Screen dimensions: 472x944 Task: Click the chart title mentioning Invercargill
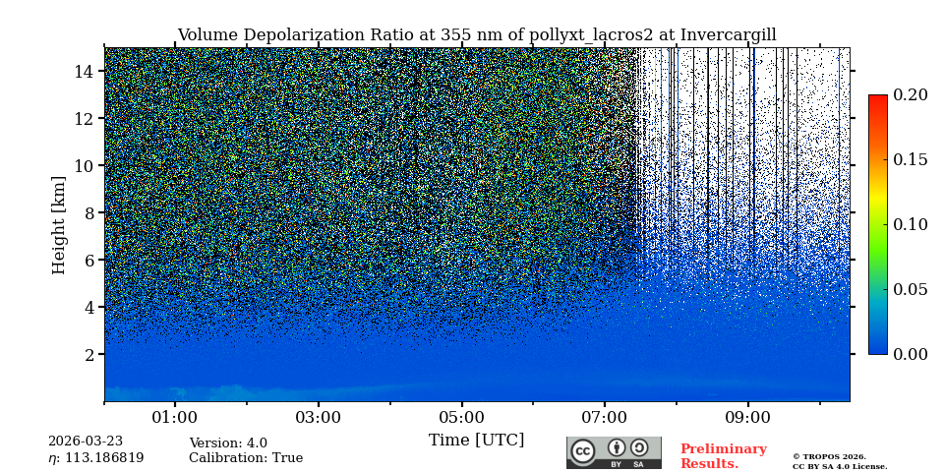(476, 35)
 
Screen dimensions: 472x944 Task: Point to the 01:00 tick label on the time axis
(175, 417)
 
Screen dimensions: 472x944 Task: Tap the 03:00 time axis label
(319, 417)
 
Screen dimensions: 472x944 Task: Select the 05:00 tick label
(461, 417)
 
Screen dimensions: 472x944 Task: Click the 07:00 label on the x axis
(604, 417)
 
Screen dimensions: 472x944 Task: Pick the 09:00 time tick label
(747, 417)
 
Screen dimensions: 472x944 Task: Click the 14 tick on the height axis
(83, 71)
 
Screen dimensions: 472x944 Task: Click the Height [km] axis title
(59, 224)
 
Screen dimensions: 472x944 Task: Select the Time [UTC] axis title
(476, 440)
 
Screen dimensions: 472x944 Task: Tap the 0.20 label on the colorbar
(911, 95)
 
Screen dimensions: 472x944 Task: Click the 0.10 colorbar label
(911, 224)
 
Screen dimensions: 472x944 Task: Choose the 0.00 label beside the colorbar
(911, 354)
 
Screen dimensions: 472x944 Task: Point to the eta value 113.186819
(95, 458)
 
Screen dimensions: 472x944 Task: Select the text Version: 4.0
(228, 443)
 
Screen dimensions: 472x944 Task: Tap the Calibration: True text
(246, 458)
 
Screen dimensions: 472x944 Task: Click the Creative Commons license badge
(614, 452)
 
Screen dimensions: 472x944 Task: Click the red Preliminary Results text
(723, 456)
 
